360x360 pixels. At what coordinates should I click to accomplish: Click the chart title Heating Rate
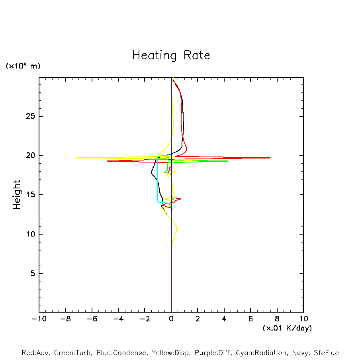pyautogui.click(x=171, y=55)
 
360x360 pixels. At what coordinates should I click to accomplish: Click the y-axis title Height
pyautogui.click(x=17, y=195)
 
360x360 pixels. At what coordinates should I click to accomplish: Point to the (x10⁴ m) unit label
pyautogui.click(x=23, y=66)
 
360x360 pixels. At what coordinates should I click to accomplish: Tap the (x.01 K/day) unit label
pyautogui.click(x=287, y=328)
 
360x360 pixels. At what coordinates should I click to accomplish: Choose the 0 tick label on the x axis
pyautogui.click(x=171, y=319)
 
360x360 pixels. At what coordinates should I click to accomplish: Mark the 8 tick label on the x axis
pyautogui.click(x=277, y=319)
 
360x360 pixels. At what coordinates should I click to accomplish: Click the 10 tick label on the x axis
pyautogui.click(x=303, y=319)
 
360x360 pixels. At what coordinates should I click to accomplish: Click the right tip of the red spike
pyautogui.click(x=270, y=158)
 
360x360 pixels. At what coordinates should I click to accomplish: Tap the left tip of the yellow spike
pyautogui.click(x=76, y=158)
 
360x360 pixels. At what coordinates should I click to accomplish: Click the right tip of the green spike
pyautogui.click(x=227, y=161)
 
